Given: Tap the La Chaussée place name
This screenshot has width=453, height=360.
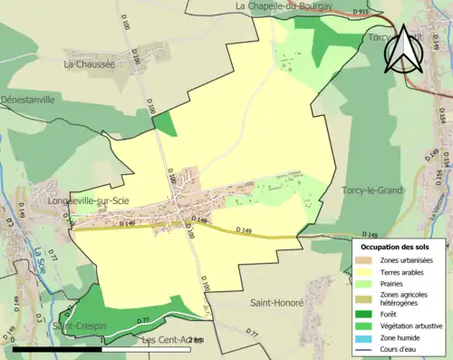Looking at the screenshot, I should [x=90, y=64].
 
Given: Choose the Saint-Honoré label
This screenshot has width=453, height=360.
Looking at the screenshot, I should [x=277, y=302].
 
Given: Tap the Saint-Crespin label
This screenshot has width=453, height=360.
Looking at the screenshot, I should [x=76, y=326].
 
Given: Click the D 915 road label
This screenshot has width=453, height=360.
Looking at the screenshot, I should [x=360, y=12].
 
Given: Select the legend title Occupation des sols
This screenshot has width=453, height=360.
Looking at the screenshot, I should [x=401, y=247].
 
